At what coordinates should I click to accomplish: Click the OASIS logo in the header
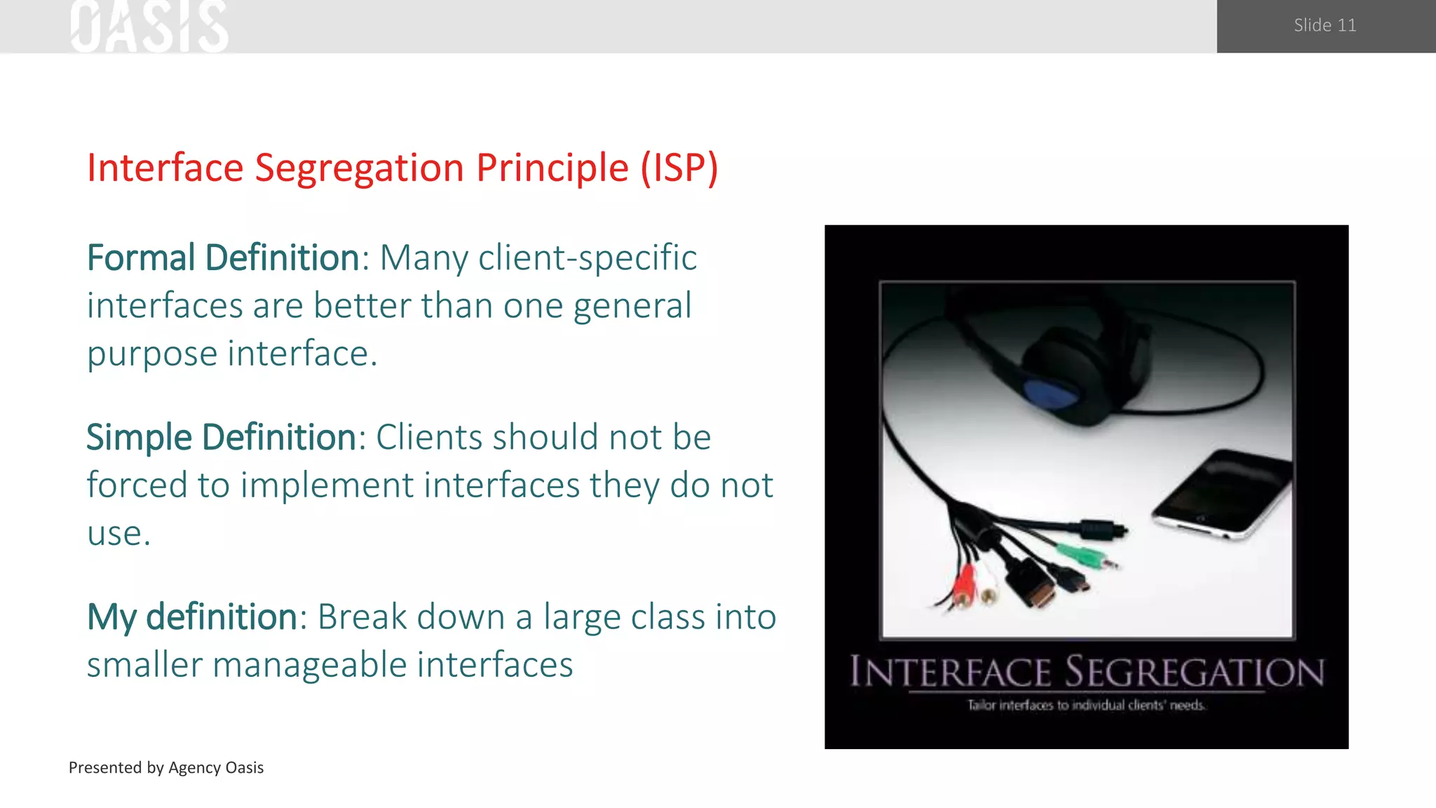coord(149,27)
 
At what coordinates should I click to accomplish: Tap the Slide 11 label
coord(1325,25)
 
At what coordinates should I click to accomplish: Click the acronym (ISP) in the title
coord(679,168)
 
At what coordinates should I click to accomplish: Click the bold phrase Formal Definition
coord(223,257)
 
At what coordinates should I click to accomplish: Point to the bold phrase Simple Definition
coord(221,437)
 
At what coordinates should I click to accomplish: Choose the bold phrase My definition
coord(192,617)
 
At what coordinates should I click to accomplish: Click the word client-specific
coord(588,257)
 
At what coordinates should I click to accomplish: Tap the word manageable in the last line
coord(309,664)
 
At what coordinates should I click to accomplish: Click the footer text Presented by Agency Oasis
coord(166,767)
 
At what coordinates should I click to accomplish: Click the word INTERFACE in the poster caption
coord(950,672)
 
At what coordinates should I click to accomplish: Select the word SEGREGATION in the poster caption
coord(1195,672)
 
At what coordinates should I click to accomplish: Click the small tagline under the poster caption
coord(1086,705)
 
